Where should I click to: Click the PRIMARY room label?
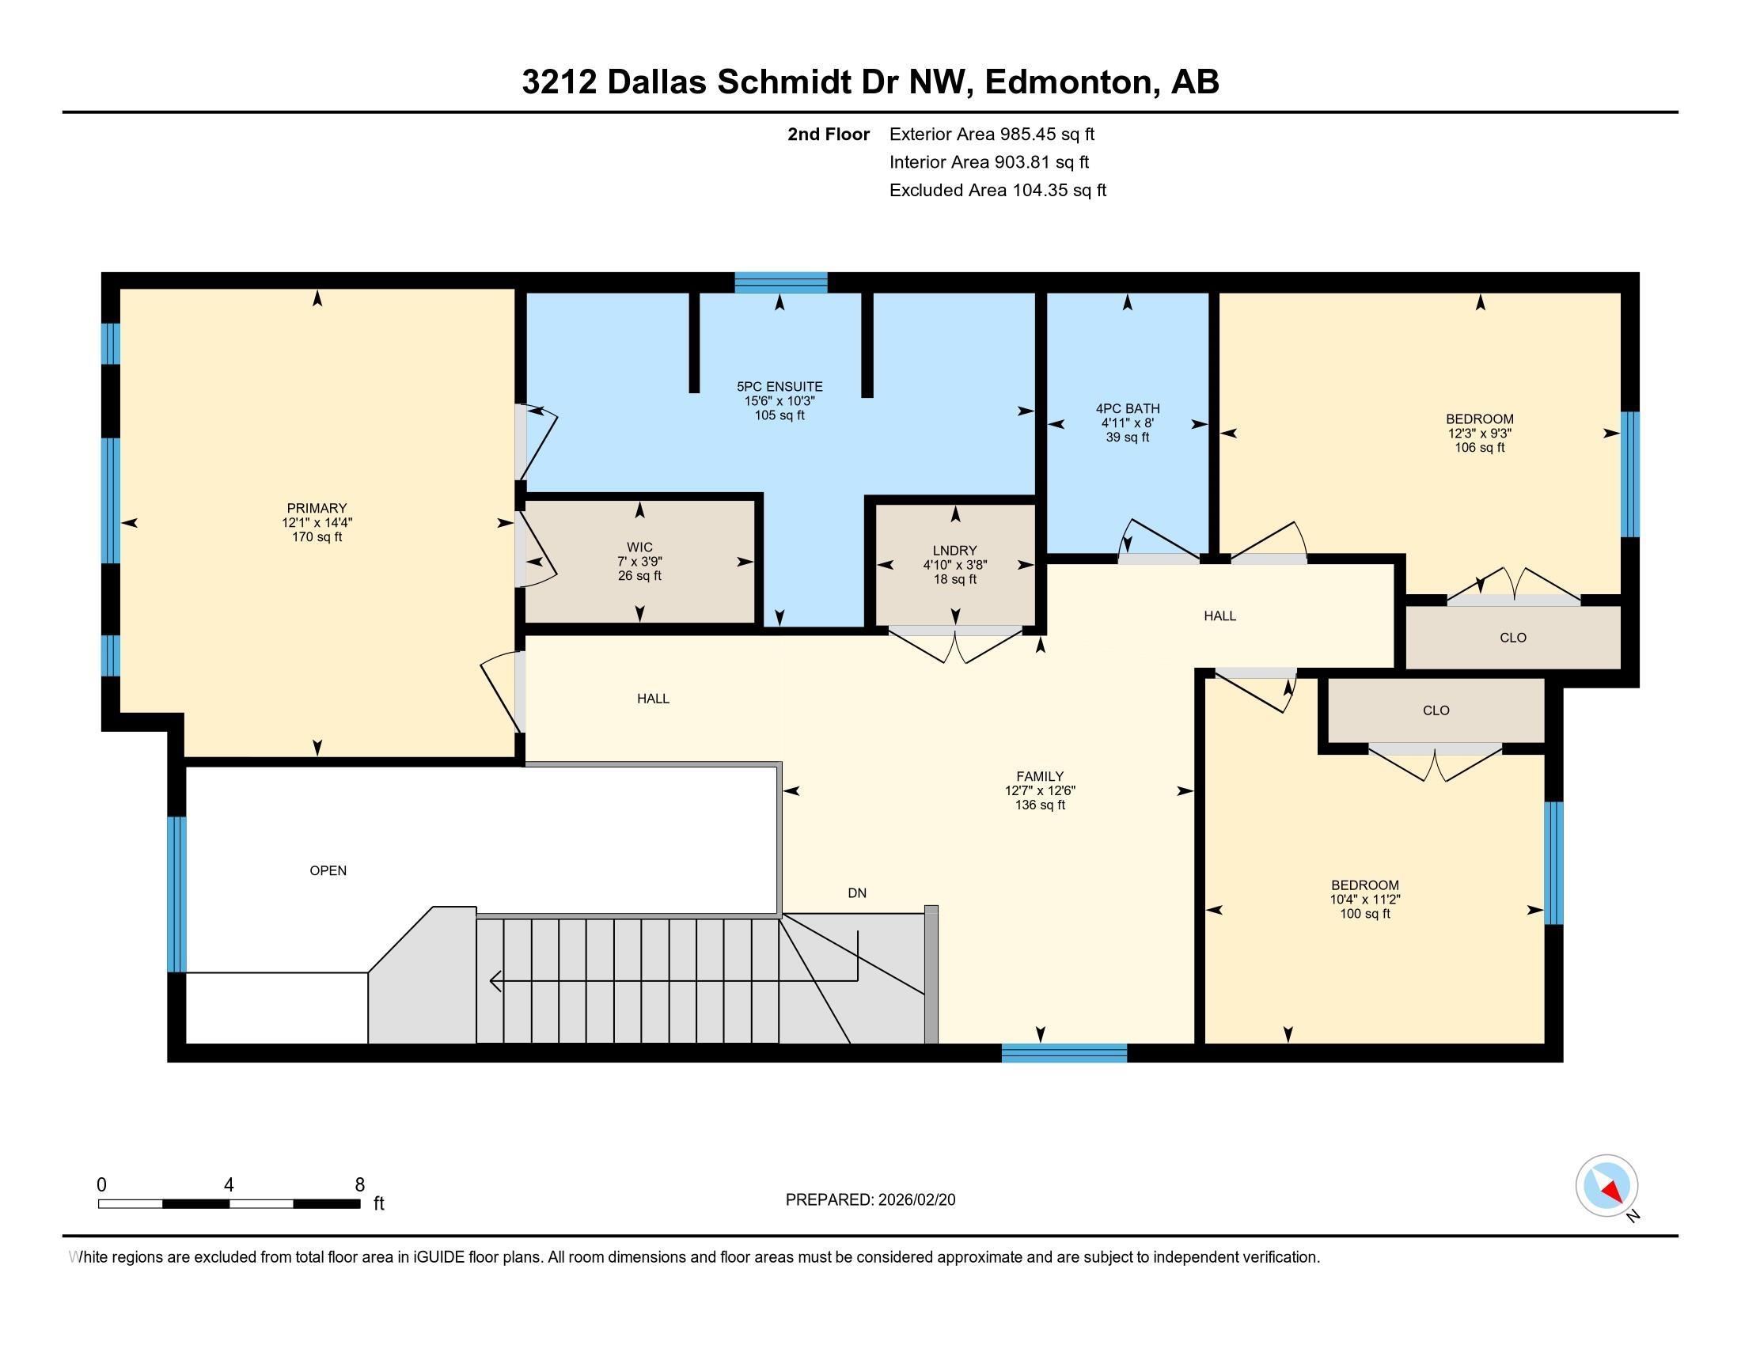point(317,509)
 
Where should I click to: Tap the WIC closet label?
point(639,547)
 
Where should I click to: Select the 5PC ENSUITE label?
point(779,387)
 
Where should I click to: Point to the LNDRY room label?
point(955,551)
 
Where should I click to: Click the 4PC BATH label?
point(1127,409)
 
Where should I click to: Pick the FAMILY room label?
point(1041,776)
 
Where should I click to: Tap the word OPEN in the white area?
point(328,871)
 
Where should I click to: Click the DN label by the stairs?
point(857,893)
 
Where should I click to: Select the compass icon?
point(1607,1186)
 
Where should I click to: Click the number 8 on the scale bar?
point(360,1185)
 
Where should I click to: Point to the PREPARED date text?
point(870,1200)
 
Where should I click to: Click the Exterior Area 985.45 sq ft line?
point(992,134)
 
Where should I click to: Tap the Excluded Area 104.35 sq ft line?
point(998,191)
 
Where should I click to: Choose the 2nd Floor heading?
point(829,134)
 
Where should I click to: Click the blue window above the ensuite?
point(781,283)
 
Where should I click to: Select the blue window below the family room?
point(1064,1053)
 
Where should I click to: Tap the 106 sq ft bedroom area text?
point(1480,448)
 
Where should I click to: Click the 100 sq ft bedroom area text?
point(1365,914)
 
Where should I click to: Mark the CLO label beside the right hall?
point(1513,638)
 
